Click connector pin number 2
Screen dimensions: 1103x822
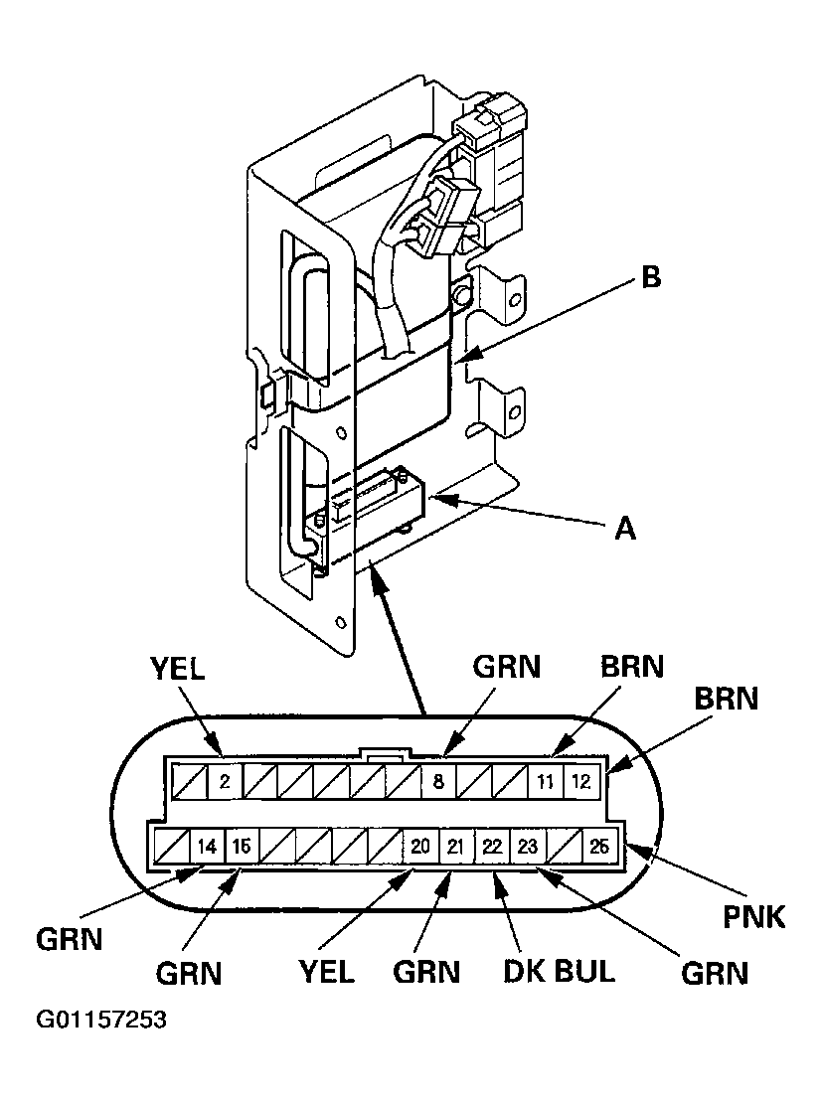[x=225, y=781]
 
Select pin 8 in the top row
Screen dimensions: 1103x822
[x=437, y=781]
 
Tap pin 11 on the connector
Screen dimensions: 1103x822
[x=545, y=781]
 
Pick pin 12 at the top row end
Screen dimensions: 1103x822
[x=579, y=781]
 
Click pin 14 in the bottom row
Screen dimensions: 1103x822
[x=205, y=847]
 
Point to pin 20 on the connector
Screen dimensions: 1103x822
[x=419, y=847]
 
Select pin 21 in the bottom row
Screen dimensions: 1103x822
[x=455, y=847]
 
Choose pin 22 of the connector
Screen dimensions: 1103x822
[x=491, y=847]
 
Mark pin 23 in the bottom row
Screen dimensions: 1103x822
[x=527, y=847]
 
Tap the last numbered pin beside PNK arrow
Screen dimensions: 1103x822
[x=597, y=847]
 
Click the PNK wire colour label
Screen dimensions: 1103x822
[x=752, y=915]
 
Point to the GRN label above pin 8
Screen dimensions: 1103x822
[x=506, y=666]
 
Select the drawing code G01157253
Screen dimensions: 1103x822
[x=100, y=1021]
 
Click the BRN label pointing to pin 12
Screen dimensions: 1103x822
[x=725, y=699]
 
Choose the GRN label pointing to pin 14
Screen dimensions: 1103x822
[x=69, y=938]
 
